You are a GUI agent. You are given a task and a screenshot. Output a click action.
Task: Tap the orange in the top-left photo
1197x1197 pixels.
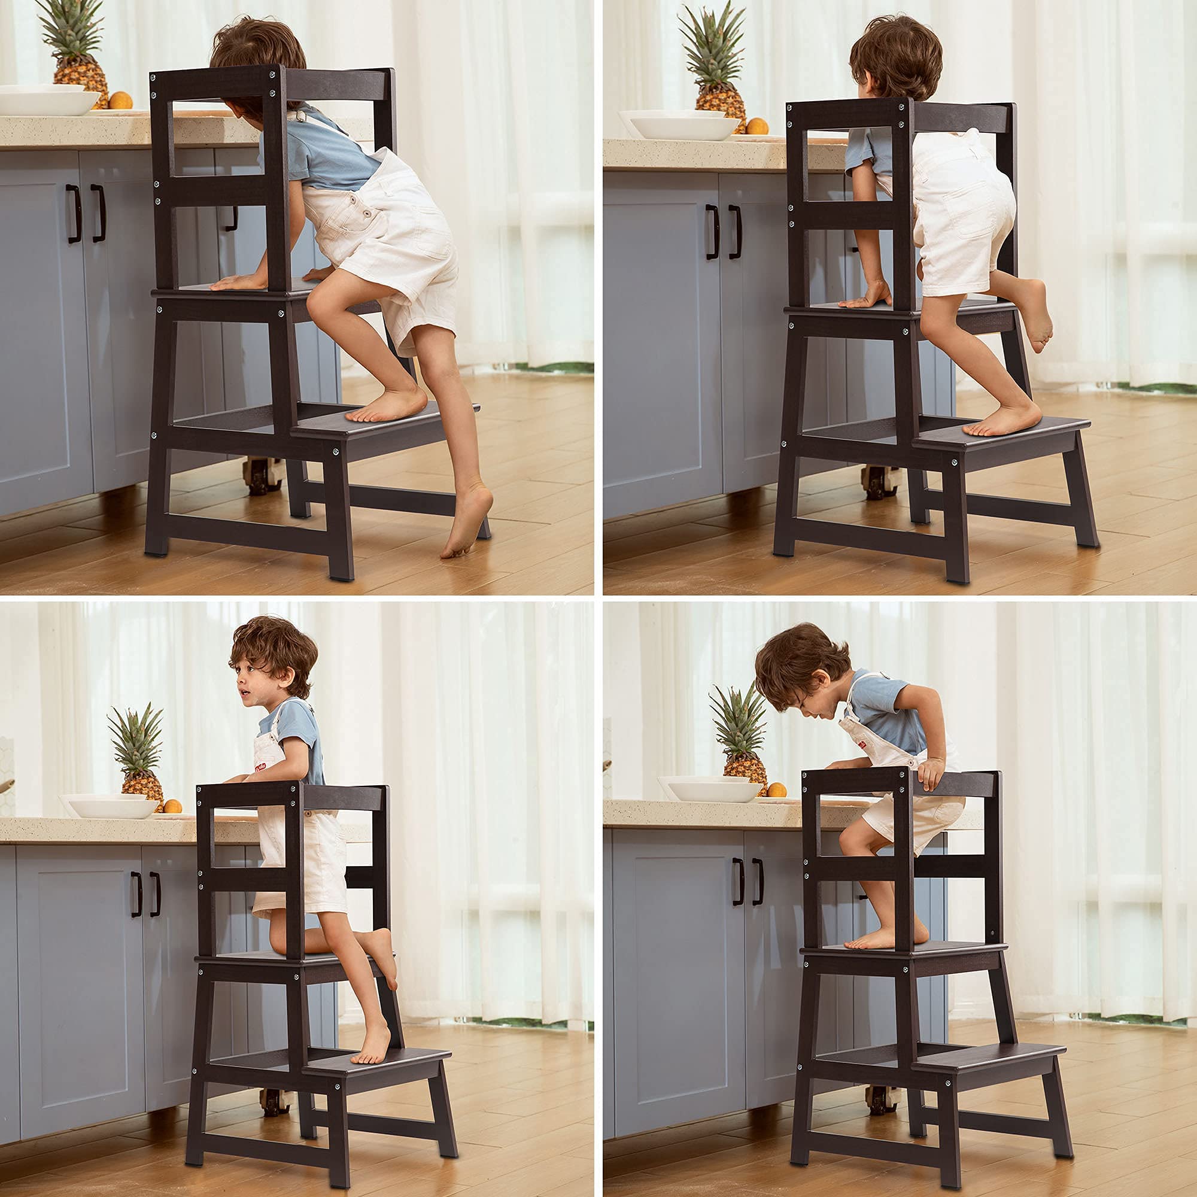pyautogui.click(x=120, y=101)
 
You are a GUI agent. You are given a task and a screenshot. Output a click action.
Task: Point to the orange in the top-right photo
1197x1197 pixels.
pyautogui.click(x=757, y=126)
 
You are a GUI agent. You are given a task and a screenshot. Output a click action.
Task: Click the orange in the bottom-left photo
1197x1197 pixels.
pyautogui.click(x=172, y=806)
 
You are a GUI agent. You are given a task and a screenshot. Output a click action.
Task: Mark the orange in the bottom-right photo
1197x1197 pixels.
pyautogui.click(x=776, y=789)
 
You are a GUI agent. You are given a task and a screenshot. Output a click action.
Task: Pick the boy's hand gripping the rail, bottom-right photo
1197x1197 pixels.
pyautogui.click(x=930, y=773)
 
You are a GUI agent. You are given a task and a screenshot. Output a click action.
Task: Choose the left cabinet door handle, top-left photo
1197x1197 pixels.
pyautogui.click(x=74, y=213)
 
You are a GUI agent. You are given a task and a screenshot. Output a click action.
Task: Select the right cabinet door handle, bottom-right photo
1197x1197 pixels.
pyautogui.click(x=757, y=882)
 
